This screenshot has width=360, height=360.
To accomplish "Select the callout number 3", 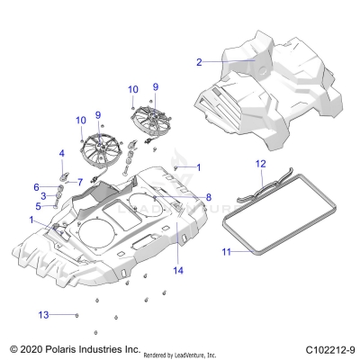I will pos(42,195).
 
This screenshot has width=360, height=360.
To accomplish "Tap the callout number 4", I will pos(61,154).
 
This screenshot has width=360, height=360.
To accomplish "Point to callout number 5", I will pos(39,206).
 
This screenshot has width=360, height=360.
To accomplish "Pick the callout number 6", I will pos(37,186).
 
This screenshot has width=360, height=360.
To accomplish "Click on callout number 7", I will pos(79,182).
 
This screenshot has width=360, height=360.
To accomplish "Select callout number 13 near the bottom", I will pos(41,314).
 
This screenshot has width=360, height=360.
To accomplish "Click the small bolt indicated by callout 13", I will pos(76,314).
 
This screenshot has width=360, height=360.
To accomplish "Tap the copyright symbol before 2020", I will pos(12,347).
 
